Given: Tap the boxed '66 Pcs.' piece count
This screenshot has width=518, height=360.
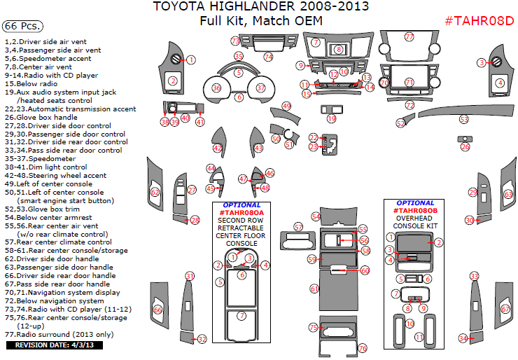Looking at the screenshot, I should pyautogui.click(x=22, y=26).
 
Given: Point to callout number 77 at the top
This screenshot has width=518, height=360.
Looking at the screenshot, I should pyautogui.click(x=409, y=36).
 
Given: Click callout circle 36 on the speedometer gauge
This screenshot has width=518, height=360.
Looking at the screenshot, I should pyautogui.click(x=216, y=88).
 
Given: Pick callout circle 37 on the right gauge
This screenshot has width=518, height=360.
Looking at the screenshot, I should pyautogui.click(x=260, y=88).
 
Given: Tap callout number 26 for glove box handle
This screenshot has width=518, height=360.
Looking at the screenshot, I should pyautogui.click(x=465, y=146).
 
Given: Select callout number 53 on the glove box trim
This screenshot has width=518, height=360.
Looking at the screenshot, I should pyautogui.click(x=464, y=120).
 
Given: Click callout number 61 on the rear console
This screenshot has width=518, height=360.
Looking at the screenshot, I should pyautogui.click(x=314, y=289).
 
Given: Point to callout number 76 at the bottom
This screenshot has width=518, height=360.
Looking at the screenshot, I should pyautogui.click(x=363, y=348).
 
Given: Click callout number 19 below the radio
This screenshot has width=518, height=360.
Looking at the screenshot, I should pyautogui.click(x=332, y=119).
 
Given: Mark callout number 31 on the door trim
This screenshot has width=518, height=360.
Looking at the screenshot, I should pyautogui.click(x=189, y=276).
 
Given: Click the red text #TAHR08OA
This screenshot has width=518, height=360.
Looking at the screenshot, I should pyautogui.click(x=241, y=212).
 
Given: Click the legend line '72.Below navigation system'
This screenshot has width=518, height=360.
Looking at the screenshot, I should pyautogui.click(x=54, y=300).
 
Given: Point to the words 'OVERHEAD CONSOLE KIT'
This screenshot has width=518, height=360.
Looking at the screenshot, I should pyautogui.click(x=415, y=222).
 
